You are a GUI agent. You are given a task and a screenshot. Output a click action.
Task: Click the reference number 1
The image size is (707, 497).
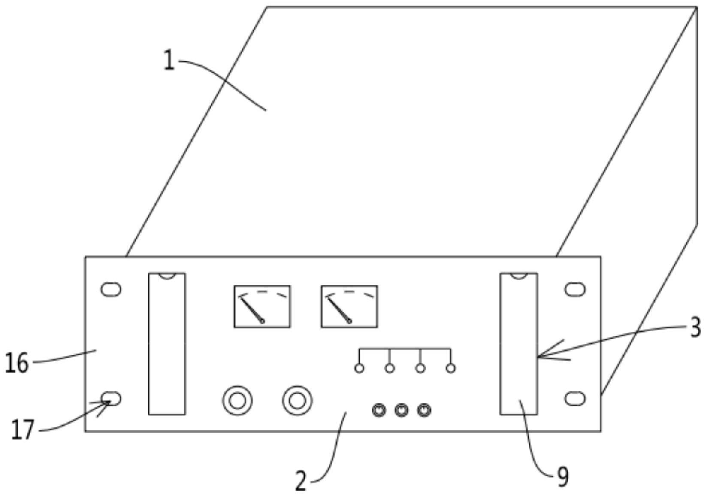(169, 61)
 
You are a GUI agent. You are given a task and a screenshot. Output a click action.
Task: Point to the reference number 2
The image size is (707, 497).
(301, 481)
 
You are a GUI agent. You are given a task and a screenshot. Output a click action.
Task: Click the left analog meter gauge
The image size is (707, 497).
(262, 306)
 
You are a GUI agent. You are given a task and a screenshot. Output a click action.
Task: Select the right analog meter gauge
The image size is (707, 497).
(349, 306)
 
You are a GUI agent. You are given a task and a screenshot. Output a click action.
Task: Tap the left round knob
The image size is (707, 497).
(237, 401)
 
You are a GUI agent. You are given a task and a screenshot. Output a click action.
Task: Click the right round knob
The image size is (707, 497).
(297, 401)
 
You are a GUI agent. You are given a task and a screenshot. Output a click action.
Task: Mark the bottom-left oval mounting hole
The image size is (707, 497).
(111, 398)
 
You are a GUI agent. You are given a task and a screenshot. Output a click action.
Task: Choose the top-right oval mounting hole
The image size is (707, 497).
(575, 290)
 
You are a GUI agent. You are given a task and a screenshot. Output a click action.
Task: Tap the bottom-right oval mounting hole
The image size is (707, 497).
(575, 398)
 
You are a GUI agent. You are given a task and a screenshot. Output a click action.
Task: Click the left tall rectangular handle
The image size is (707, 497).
(167, 344)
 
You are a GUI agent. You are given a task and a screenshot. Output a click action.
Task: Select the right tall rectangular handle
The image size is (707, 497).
(519, 344)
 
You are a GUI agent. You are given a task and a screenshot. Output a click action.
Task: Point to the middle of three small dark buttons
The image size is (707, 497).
(401, 410)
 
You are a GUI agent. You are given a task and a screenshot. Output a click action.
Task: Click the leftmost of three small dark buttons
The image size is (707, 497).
(379, 410)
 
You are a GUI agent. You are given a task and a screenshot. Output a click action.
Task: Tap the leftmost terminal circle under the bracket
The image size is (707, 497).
(359, 368)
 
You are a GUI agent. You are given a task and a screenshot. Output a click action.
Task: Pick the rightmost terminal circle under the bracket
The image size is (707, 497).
(451, 368)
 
